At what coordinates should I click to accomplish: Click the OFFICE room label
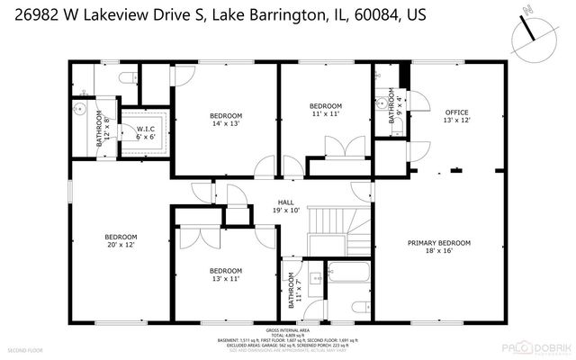click(457, 115)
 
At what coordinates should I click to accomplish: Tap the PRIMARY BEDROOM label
click(439, 247)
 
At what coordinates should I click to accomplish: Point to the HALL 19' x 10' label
click(286, 207)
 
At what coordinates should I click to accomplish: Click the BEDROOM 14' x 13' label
click(226, 120)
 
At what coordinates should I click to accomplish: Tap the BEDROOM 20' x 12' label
click(121, 242)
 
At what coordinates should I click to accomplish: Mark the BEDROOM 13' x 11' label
click(226, 274)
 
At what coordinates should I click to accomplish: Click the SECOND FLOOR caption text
click(26, 348)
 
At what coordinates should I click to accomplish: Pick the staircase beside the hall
click(338, 229)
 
